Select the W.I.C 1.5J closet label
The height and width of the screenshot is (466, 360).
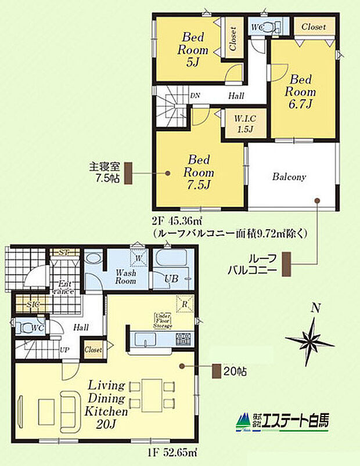242,122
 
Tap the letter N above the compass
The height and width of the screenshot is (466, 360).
315,309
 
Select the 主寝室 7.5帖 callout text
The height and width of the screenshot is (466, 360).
104,172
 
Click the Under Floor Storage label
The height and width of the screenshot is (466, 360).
163,320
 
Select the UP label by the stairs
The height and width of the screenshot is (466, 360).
66,351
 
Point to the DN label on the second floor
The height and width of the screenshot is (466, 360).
196,96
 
